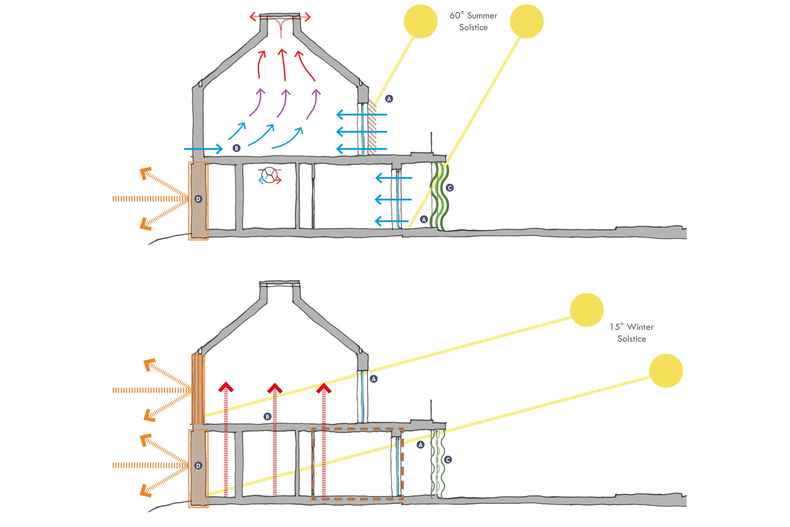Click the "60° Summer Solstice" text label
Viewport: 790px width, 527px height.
tap(473, 21)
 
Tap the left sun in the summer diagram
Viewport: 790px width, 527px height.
tap(421, 21)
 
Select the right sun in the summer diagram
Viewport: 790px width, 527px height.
tap(526, 21)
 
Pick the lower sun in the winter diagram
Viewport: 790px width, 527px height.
tap(666, 371)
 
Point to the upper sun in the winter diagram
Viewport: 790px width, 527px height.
tap(586, 310)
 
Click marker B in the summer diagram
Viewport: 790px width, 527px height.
tap(236, 148)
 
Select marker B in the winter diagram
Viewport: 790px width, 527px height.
tap(267, 416)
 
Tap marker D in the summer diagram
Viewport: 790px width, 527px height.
tap(198, 199)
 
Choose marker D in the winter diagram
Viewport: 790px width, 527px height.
tap(198, 465)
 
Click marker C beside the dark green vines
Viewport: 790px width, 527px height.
tap(450, 188)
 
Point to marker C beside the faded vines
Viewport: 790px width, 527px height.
tap(448, 459)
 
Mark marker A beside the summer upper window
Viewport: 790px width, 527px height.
tap(389, 99)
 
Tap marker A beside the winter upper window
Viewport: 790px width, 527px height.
tap(374, 379)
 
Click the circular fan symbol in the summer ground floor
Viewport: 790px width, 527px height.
tap(269, 175)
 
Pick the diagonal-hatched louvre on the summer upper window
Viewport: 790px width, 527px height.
tap(372, 128)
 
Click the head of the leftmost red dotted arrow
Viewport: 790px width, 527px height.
tap(226, 388)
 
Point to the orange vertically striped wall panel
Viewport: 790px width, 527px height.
tap(198, 389)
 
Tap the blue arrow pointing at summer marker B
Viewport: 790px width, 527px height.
tap(203, 149)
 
